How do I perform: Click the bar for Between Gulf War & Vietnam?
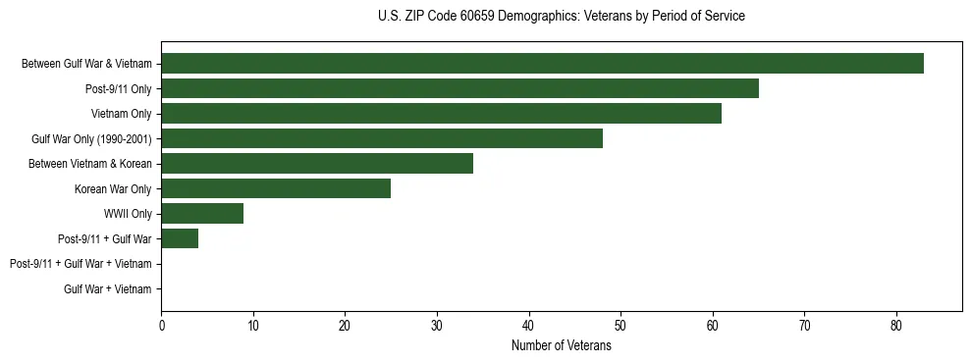(542, 64)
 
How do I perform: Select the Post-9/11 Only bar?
(459, 88)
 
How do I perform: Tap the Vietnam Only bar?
(441, 114)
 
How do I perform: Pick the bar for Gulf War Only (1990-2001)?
(382, 138)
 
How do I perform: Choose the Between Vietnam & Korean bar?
(317, 164)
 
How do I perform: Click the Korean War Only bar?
(276, 188)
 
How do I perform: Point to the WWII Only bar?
(202, 214)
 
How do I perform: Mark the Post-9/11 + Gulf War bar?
(180, 238)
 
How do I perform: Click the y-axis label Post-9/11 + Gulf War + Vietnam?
(81, 264)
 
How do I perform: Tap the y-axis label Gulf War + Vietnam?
(108, 289)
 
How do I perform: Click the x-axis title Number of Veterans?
(562, 346)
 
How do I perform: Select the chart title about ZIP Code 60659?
(562, 17)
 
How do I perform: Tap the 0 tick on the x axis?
(161, 326)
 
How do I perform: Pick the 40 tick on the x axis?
(529, 326)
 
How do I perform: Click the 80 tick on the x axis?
(896, 326)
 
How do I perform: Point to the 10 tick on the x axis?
(253, 326)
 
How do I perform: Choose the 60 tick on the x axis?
(713, 326)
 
